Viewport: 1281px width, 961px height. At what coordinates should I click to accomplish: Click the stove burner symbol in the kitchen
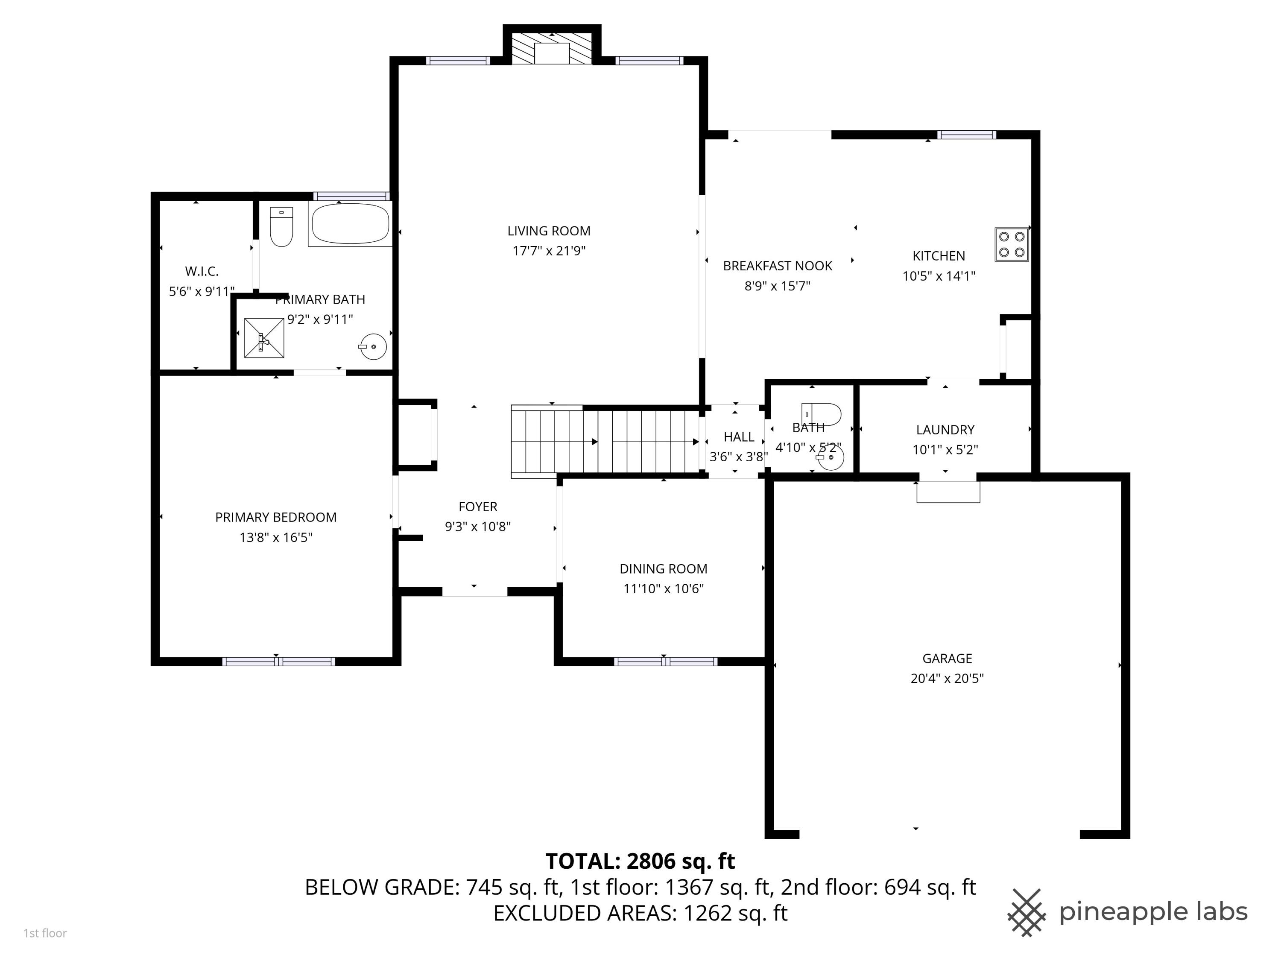tap(1011, 244)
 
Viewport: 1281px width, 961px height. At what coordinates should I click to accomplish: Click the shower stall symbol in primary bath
tap(264, 338)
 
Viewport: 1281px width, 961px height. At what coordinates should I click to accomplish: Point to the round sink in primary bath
tap(373, 346)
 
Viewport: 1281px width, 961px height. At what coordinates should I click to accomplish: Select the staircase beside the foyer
tap(605, 442)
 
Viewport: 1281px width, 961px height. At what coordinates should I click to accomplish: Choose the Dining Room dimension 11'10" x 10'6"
tap(663, 589)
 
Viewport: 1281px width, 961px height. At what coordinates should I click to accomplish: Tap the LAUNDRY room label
tap(945, 430)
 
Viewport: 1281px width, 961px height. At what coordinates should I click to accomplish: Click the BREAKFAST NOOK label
tap(777, 266)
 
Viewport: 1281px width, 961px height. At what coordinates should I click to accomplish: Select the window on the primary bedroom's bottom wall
tap(278, 662)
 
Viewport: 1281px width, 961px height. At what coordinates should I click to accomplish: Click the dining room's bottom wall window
tap(665, 662)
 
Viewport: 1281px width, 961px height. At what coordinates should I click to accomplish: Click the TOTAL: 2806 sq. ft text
tap(640, 861)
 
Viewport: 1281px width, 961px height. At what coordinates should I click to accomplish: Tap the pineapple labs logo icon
tap(1027, 912)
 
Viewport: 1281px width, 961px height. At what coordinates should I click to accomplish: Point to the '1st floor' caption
tap(45, 933)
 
